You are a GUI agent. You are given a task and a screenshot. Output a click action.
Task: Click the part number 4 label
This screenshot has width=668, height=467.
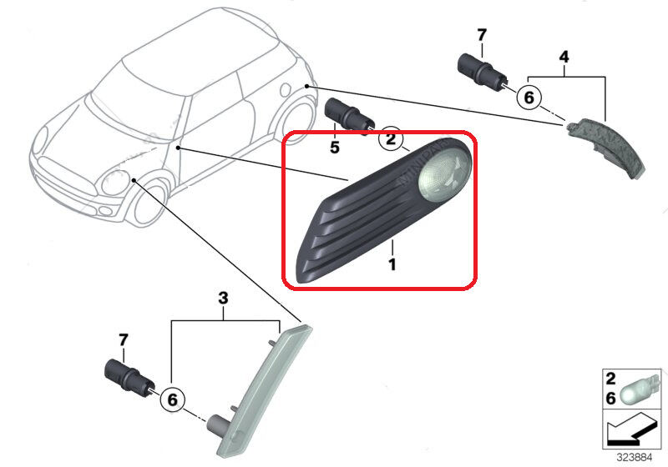[x=564, y=57]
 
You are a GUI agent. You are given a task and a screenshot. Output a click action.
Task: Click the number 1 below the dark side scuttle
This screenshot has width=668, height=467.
[x=392, y=264]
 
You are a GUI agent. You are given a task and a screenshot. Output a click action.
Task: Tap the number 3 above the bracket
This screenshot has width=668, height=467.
[x=223, y=299]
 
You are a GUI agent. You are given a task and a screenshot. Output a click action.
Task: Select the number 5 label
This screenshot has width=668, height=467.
[x=335, y=147]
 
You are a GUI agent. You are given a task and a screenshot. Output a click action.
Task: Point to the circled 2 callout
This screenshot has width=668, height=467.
[x=391, y=138]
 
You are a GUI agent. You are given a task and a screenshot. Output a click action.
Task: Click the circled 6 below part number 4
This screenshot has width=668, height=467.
[x=529, y=98]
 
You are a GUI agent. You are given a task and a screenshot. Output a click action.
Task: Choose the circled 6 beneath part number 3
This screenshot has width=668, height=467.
[x=172, y=399]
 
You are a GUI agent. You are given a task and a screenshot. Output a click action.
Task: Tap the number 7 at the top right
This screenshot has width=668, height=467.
[x=482, y=35]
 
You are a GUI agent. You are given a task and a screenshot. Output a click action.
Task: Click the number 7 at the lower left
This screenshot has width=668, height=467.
[x=123, y=340]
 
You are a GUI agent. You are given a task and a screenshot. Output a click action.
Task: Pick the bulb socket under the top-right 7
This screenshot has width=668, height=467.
[x=483, y=72]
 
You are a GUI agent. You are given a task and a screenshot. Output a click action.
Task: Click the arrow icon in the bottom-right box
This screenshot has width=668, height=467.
[x=630, y=430]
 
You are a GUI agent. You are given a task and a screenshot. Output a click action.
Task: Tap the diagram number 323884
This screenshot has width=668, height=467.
[x=635, y=458]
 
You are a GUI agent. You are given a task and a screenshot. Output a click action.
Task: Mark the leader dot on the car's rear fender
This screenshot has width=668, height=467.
[x=306, y=87]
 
